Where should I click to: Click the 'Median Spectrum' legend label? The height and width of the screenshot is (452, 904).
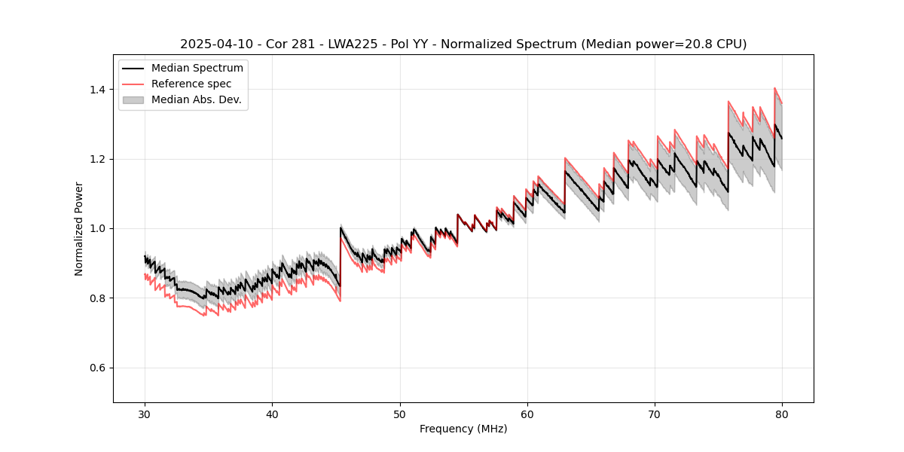click(197, 69)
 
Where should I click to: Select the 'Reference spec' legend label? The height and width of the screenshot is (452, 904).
click(191, 84)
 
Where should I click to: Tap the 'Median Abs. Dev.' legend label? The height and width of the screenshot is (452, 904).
click(197, 99)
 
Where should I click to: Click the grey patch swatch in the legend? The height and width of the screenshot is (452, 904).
click(133, 99)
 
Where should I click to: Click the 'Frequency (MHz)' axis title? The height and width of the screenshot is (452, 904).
click(463, 429)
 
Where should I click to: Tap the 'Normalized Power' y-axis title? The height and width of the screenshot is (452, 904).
click(79, 228)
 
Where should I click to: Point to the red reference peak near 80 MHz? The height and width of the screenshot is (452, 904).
click(774, 88)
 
